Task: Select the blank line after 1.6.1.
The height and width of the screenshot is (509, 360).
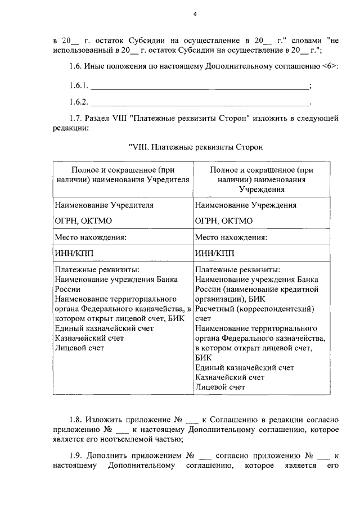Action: point(200,87)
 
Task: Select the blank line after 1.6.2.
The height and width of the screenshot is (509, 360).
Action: point(200,103)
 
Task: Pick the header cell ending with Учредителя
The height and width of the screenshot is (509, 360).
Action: point(123,174)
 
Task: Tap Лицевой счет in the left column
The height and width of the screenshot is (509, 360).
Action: point(79,348)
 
